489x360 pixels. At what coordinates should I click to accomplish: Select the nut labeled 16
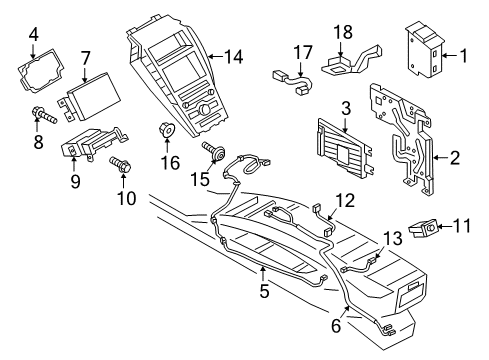click(x=164, y=131)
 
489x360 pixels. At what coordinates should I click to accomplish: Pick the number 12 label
click(x=344, y=199)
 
